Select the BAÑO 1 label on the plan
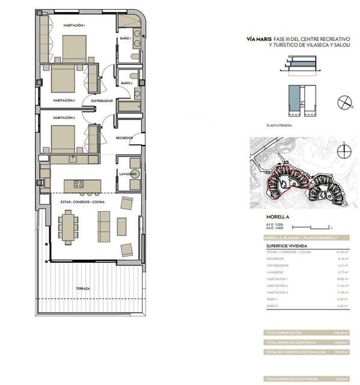tap(126, 38)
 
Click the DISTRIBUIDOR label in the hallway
tap(102, 101)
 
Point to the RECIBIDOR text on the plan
tap(124, 138)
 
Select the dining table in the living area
tap(68, 226)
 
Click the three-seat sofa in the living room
tap(103, 226)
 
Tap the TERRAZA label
tap(83, 289)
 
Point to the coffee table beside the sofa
tap(122, 226)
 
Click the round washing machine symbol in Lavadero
tap(132, 162)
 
